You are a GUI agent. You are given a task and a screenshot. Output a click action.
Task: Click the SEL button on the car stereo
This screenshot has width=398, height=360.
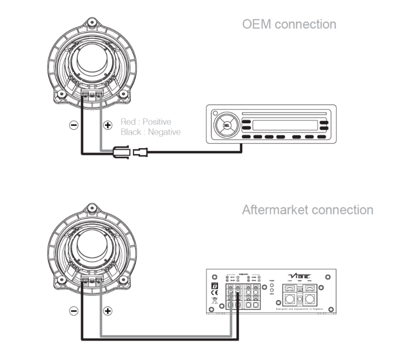click(x=226, y=125)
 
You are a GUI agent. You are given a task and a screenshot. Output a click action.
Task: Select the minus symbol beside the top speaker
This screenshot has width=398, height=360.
click(x=74, y=125)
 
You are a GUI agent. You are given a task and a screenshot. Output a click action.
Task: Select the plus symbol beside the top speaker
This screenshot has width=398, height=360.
click(x=107, y=125)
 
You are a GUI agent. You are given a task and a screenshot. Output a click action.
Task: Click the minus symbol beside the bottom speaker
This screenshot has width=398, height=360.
click(x=74, y=310)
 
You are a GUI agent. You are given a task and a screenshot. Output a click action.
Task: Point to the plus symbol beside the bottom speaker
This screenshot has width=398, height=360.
click(x=107, y=310)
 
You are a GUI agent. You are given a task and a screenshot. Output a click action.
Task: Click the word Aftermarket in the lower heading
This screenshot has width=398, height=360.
click(x=273, y=209)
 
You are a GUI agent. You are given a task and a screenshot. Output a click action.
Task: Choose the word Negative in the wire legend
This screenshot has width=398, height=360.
click(x=163, y=132)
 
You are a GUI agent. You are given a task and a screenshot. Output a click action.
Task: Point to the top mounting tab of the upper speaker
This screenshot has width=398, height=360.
click(x=92, y=23)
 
